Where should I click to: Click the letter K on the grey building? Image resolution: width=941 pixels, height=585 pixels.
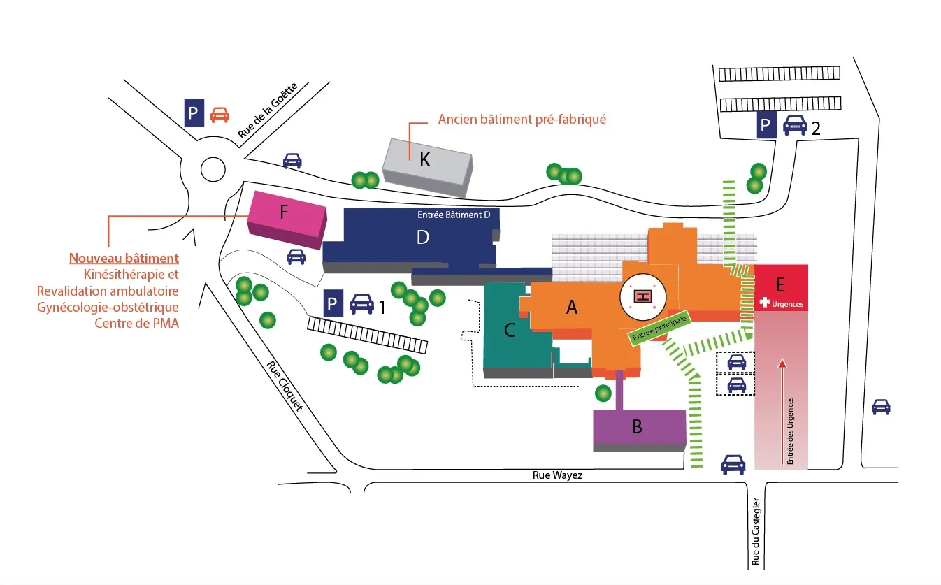click(x=424, y=160)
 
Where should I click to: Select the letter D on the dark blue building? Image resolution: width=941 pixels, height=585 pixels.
click(x=422, y=238)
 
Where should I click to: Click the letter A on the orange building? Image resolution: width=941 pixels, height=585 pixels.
click(x=571, y=307)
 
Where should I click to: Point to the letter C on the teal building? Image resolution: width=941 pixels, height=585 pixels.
click(x=510, y=331)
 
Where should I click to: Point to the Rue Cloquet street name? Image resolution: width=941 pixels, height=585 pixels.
click(x=285, y=386)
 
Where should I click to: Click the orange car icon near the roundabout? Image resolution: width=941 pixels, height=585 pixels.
click(x=220, y=114)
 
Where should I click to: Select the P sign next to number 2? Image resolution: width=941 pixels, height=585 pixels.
click(x=766, y=126)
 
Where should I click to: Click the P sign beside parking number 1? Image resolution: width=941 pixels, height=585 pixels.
click(x=333, y=305)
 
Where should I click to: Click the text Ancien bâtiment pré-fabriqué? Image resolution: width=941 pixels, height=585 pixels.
click(x=522, y=120)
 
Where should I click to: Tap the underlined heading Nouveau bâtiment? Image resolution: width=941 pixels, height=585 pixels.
click(x=124, y=259)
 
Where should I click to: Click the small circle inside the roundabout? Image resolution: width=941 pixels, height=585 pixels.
click(x=213, y=169)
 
